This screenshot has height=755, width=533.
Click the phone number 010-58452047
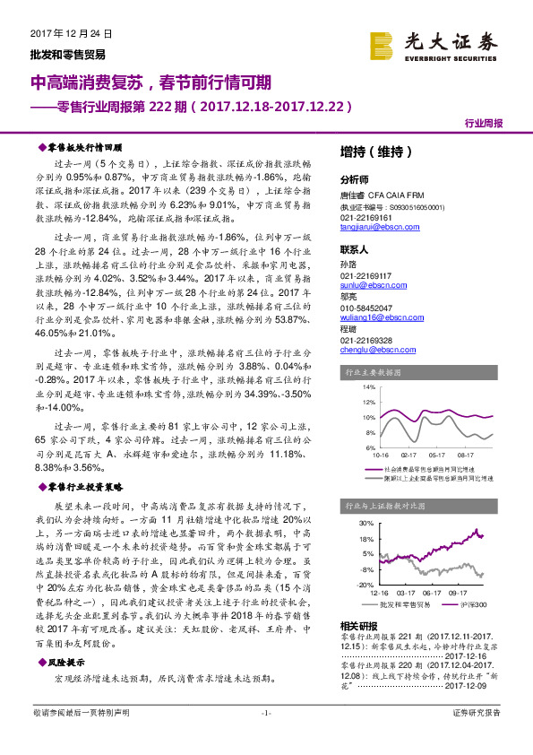tap(367, 308)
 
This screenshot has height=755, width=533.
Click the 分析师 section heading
tap(355, 178)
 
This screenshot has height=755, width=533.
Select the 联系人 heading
tap(355, 249)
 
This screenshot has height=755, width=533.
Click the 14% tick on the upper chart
tap(368, 386)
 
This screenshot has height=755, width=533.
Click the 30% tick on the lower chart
tap(367, 522)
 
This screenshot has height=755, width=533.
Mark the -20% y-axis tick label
tap(367, 584)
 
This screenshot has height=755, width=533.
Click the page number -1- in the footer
tap(265, 737)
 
